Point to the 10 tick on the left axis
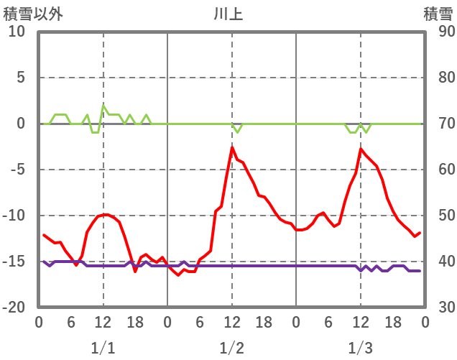(x=17, y=32)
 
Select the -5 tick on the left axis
(x=17, y=170)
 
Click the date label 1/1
(x=103, y=348)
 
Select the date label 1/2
(x=231, y=348)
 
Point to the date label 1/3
(x=360, y=348)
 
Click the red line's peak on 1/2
(x=232, y=147)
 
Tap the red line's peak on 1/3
(x=361, y=149)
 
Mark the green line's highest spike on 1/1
(x=103, y=105)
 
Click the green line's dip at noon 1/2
(x=237, y=132)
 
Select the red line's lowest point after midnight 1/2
(x=179, y=275)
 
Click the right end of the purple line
(x=420, y=271)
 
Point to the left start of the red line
(x=44, y=234)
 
